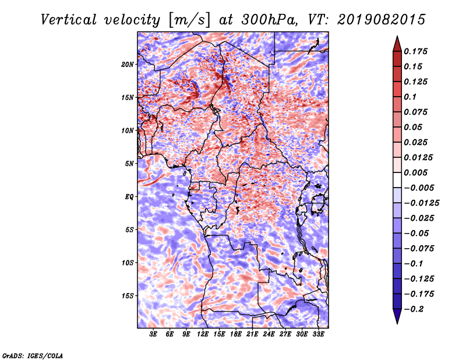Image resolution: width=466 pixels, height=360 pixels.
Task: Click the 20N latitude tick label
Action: tap(128, 65)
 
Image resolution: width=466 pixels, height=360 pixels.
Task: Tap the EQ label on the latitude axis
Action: tap(129, 197)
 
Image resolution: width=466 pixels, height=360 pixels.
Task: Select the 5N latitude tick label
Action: tap(129, 164)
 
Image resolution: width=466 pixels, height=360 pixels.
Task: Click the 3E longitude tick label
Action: tap(153, 334)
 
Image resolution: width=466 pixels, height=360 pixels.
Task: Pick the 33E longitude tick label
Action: tap(318, 334)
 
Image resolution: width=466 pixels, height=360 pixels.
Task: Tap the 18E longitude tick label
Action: tap(236, 334)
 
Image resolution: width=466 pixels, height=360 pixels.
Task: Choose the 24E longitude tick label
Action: tap(269, 334)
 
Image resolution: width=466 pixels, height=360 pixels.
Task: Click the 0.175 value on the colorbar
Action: tap(415, 51)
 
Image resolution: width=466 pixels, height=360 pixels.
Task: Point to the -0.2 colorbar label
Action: tap(414, 309)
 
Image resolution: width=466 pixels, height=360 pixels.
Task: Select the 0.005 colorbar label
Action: tap(415, 172)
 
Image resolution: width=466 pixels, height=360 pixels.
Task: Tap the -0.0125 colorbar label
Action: tap(421, 203)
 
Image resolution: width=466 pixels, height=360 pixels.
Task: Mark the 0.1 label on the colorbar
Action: tap(410, 97)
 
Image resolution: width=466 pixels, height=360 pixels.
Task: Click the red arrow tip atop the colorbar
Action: tap(397, 36)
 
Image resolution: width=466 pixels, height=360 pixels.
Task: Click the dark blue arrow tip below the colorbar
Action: tap(397, 323)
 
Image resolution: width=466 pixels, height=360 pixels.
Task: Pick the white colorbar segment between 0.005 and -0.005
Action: tap(397, 180)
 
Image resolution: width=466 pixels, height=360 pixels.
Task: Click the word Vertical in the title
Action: tap(69, 20)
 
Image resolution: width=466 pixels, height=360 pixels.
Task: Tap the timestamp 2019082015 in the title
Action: tap(382, 20)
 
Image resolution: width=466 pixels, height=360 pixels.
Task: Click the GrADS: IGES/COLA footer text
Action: tap(33, 355)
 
